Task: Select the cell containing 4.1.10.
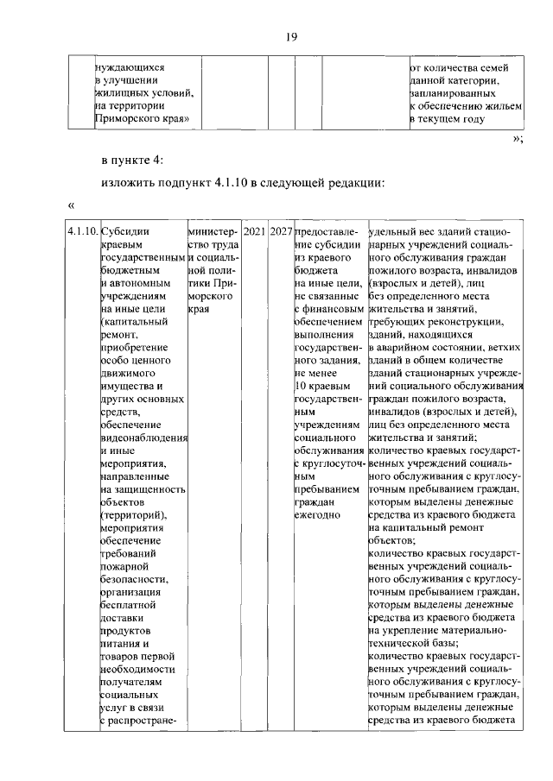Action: pyautogui.click(x=82, y=233)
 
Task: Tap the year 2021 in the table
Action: pyautogui.click(x=253, y=233)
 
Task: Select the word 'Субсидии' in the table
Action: pyautogui.click(x=124, y=233)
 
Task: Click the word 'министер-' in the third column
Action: pyautogui.click(x=211, y=233)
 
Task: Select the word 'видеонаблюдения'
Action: pyautogui.click(x=143, y=438)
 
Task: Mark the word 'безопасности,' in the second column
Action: pyautogui.click(x=132, y=579)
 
